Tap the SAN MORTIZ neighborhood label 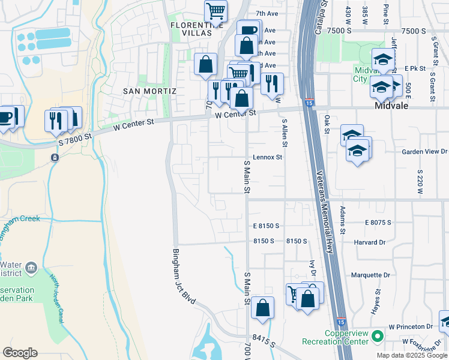(149, 91)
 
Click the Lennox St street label (267, 157)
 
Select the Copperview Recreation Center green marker (377, 336)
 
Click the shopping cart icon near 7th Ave (215, 10)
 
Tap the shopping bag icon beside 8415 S (262, 308)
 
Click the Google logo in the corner (20, 353)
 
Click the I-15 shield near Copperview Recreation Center (341, 322)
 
